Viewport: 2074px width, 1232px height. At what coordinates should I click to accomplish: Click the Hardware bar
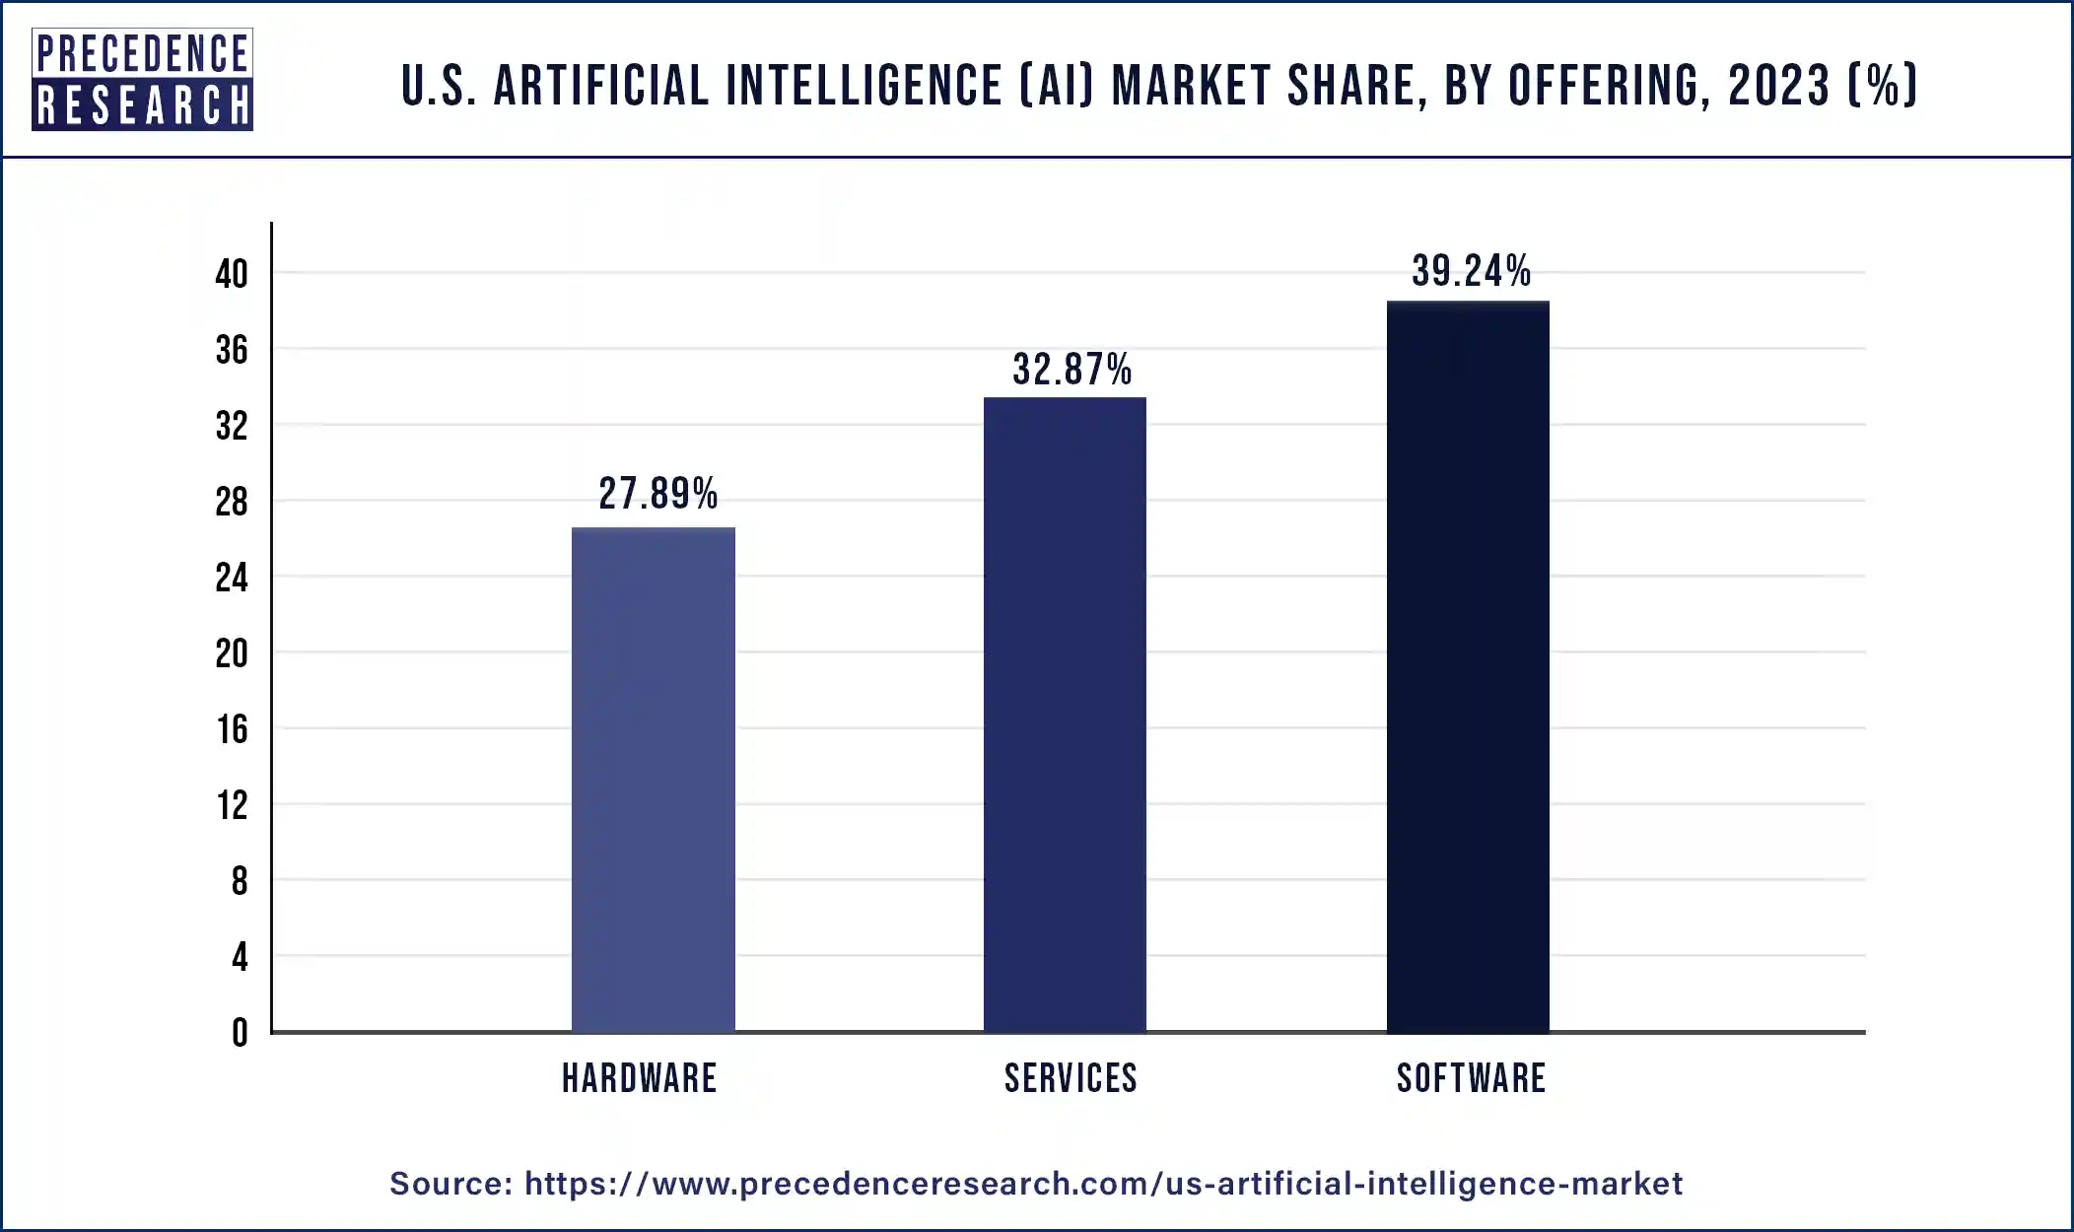click(x=653, y=779)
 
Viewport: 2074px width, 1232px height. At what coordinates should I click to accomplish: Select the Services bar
click(x=1065, y=715)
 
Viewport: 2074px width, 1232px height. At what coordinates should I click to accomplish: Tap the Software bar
click(x=1468, y=666)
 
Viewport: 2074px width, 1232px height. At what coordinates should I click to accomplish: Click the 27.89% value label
click(x=657, y=494)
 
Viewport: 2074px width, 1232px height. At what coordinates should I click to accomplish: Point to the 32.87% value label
click(x=1072, y=370)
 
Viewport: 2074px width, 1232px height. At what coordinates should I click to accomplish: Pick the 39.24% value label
click(x=1471, y=271)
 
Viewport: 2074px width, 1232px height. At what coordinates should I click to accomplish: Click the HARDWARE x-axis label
click(x=639, y=1078)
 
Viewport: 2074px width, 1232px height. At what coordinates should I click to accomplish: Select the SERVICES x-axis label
click(x=1071, y=1078)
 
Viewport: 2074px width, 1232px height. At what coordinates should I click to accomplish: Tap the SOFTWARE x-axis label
click(x=1471, y=1078)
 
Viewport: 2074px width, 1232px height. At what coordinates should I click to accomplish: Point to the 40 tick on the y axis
click(x=232, y=274)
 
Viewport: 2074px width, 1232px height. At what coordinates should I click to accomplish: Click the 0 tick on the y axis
click(x=240, y=1033)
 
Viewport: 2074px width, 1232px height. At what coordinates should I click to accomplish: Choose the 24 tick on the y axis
click(x=232, y=578)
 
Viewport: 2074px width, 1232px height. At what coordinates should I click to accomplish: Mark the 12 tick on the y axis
click(x=233, y=805)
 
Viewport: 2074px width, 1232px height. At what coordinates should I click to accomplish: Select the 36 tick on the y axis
click(x=232, y=350)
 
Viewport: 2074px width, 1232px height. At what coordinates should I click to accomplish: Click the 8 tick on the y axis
click(x=240, y=881)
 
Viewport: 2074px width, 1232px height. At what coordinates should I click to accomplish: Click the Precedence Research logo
click(x=143, y=80)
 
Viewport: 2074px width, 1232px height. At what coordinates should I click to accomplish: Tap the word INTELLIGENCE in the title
click(x=864, y=85)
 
